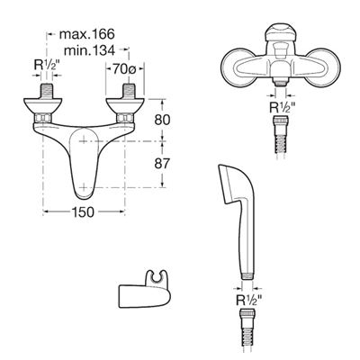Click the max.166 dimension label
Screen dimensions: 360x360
click(87, 34)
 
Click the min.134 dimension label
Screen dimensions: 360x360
click(90, 50)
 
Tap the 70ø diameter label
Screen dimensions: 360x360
click(124, 69)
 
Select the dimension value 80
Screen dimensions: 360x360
click(162, 120)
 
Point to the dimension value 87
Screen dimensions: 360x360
click(162, 164)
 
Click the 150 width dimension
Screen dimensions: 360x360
click(83, 212)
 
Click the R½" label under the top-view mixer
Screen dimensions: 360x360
click(283, 108)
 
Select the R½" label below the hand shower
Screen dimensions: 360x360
click(249, 300)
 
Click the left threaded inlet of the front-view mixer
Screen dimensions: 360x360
click(46, 91)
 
